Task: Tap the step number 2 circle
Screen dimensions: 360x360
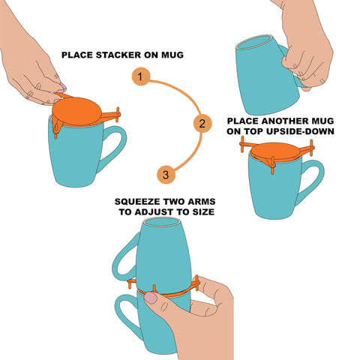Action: click(x=200, y=123)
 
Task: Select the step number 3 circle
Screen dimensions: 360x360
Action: click(x=166, y=175)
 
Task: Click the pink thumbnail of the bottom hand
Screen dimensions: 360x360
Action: click(x=151, y=298)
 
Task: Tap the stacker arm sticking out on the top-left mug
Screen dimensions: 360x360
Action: click(x=112, y=116)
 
